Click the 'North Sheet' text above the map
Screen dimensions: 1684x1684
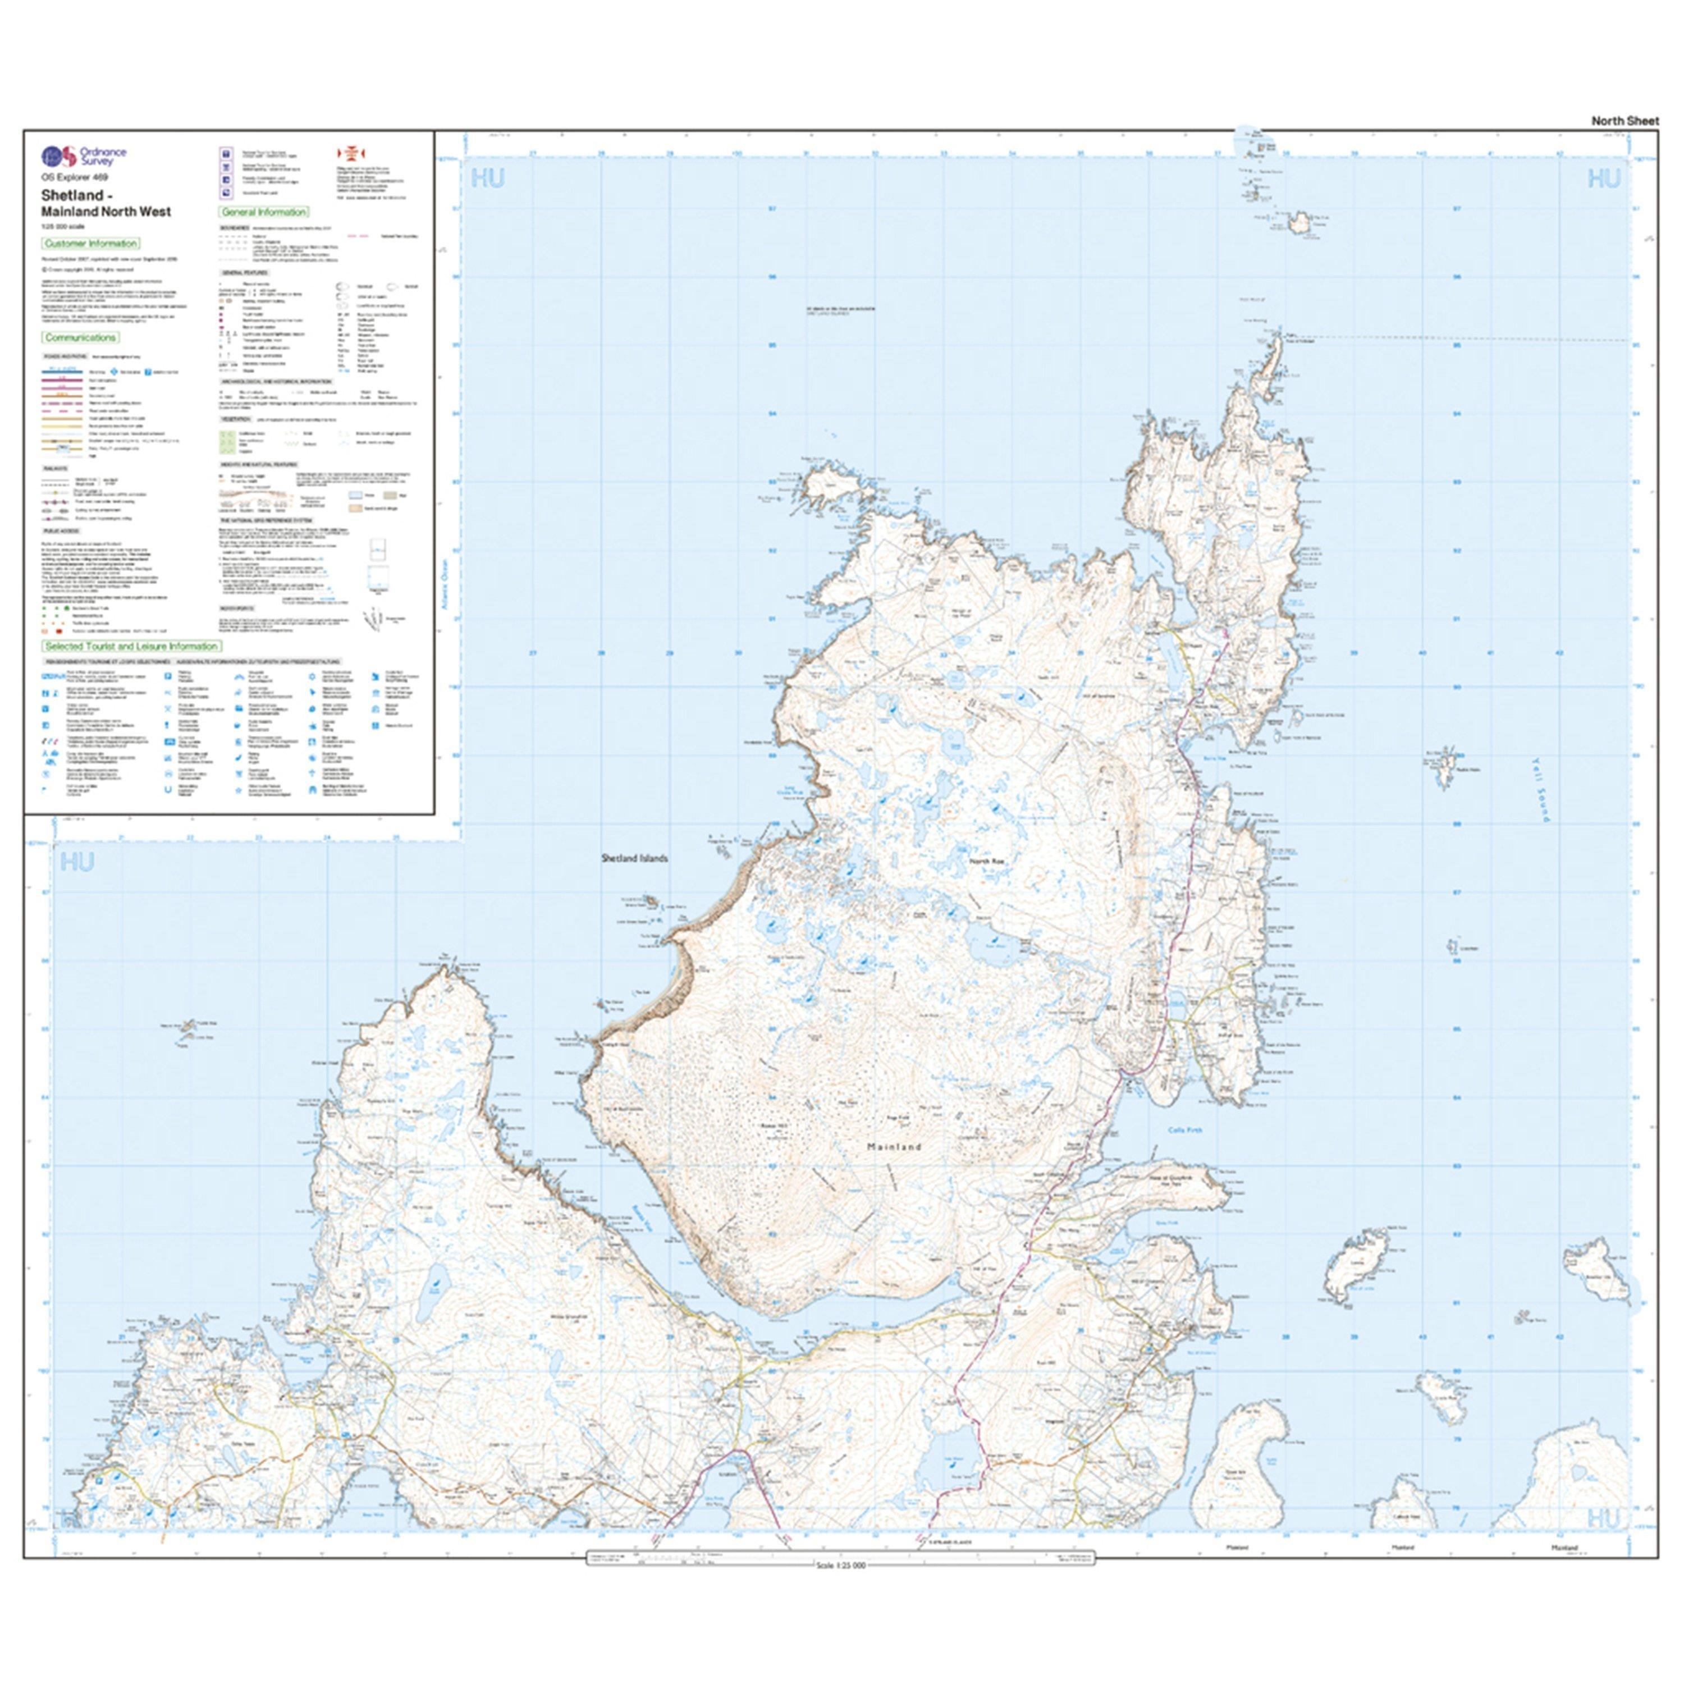pos(1624,121)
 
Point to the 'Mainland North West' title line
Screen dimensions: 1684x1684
pos(106,211)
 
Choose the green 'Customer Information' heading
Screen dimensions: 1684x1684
pos(90,243)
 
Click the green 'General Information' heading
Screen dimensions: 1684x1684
pos(263,212)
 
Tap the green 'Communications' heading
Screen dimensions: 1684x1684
pos(80,337)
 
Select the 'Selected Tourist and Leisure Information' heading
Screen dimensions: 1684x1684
pos(131,646)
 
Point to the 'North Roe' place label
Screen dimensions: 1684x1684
pos(987,861)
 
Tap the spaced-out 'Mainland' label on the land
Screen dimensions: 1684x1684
pos(894,1147)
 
